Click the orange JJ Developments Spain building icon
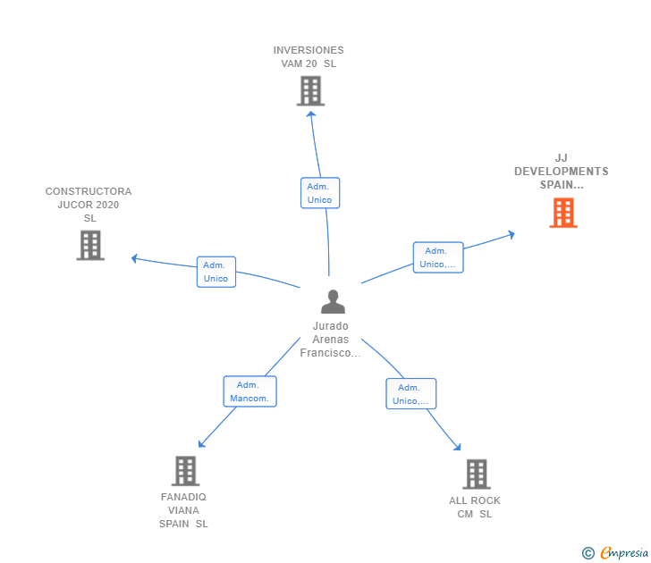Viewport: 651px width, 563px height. (x=563, y=213)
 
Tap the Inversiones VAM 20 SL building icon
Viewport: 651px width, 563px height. (x=310, y=91)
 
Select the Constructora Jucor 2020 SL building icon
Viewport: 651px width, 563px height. (x=90, y=245)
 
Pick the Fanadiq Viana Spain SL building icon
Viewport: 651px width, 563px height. (x=186, y=471)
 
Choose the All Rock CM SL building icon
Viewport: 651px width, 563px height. (x=477, y=475)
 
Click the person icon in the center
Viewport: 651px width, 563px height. (x=333, y=302)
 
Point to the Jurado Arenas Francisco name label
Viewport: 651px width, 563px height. (x=331, y=340)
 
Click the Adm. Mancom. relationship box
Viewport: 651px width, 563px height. (x=250, y=391)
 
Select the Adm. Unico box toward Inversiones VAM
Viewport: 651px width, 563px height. (x=320, y=193)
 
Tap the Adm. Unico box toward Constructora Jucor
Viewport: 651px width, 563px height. (x=216, y=272)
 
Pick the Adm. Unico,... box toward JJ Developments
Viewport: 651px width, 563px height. (x=438, y=257)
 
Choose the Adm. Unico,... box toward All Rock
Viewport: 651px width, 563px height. (x=411, y=394)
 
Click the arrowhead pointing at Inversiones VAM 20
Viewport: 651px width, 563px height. (x=311, y=113)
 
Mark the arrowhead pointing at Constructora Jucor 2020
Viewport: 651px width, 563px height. (x=134, y=258)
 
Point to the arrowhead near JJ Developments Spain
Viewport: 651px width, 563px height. (x=511, y=235)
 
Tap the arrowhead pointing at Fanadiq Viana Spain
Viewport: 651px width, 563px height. (x=201, y=444)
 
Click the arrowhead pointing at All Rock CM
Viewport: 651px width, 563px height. (x=458, y=447)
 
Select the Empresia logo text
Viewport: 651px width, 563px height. (x=624, y=552)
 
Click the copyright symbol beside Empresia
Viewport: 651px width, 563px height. (x=588, y=553)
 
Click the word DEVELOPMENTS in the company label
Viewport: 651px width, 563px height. (x=562, y=172)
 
